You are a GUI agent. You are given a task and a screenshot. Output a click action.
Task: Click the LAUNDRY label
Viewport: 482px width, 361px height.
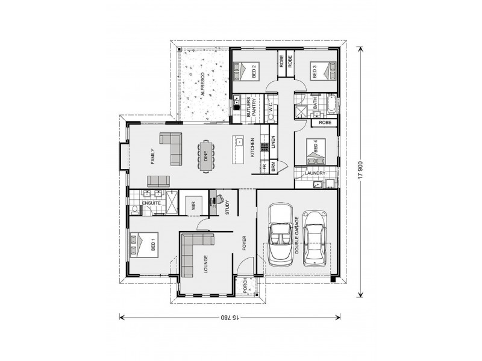tap(316, 174)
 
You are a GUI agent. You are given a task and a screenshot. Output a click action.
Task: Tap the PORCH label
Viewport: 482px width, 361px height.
tap(246, 286)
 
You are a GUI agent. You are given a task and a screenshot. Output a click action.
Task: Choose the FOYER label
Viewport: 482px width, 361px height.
tap(245, 243)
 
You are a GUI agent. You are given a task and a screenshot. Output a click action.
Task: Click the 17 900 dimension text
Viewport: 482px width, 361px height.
tap(360, 170)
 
